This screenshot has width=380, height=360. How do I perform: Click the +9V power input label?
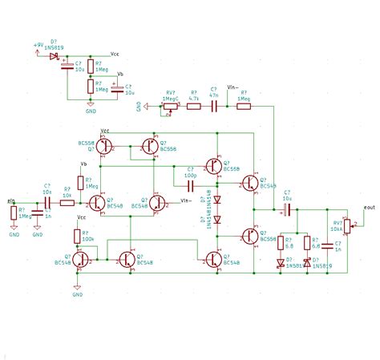click(x=39, y=45)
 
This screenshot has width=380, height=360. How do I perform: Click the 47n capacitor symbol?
click(x=214, y=105)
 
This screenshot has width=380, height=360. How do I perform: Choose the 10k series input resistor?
click(x=67, y=202)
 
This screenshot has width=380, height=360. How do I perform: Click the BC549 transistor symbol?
click(x=251, y=181)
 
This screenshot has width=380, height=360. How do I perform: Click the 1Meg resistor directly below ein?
click(x=14, y=212)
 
